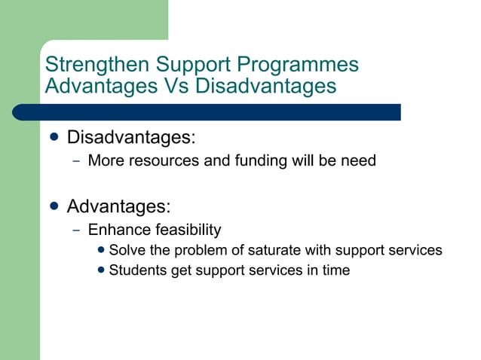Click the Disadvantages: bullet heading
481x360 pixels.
pyautogui.click(x=131, y=139)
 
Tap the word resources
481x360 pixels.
pyautogui.click(x=158, y=160)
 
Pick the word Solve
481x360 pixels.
pyautogui.click(x=127, y=250)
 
